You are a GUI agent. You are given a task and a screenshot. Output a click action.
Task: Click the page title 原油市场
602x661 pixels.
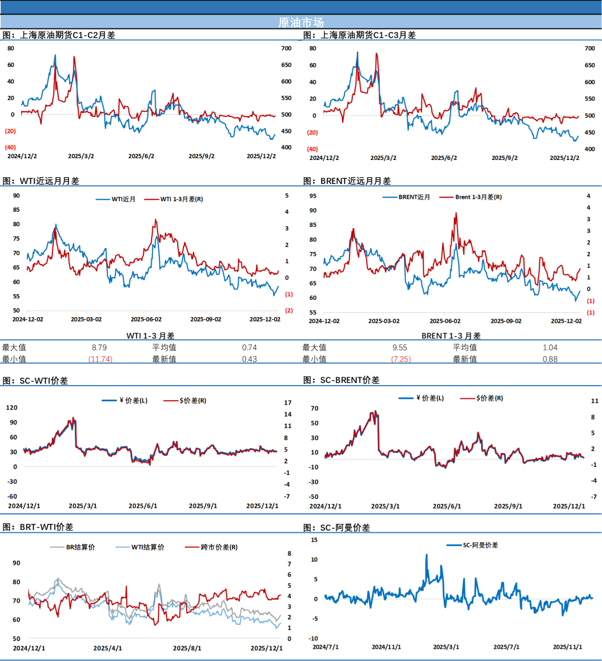(301, 22)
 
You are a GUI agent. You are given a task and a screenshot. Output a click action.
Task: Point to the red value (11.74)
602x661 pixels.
(100, 359)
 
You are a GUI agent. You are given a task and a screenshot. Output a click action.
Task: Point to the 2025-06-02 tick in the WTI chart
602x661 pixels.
(146, 319)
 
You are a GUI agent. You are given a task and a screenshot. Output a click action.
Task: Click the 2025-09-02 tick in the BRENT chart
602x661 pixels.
(506, 321)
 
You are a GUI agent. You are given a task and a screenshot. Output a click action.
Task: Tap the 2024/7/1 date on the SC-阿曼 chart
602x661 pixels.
(326, 647)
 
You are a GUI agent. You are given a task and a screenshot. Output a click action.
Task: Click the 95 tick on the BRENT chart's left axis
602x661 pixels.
(313, 196)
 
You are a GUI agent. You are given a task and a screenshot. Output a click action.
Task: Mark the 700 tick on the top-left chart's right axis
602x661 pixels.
(287, 48)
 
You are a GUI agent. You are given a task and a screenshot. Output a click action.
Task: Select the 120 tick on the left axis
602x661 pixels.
(11, 407)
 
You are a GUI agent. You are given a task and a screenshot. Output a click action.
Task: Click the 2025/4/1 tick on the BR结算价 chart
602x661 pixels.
(108, 648)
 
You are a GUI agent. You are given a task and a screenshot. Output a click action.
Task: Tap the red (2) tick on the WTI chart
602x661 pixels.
(289, 310)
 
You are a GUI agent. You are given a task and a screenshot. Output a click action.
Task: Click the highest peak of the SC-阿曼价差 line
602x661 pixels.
(427, 555)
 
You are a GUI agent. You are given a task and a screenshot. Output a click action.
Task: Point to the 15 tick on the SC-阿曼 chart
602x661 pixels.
(314, 540)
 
